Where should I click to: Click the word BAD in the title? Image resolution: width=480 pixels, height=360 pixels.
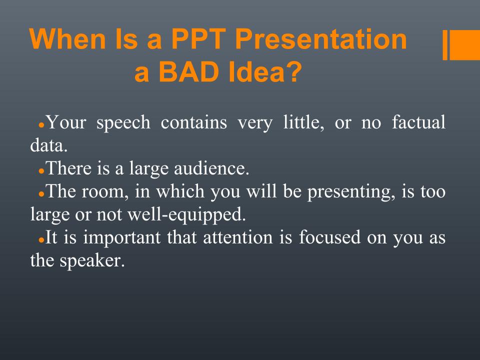[x=187, y=72]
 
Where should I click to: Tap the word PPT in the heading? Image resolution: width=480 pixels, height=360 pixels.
[x=198, y=39]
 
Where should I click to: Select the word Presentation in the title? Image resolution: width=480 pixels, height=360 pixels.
[x=321, y=39]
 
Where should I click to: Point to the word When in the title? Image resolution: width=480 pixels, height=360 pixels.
[x=68, y=39]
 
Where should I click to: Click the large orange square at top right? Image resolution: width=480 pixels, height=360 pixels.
[x=465, y=45]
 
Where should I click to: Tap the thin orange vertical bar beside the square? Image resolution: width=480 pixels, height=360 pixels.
[x=445, y=45]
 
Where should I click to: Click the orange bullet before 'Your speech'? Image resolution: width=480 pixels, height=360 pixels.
[x=42, y=125]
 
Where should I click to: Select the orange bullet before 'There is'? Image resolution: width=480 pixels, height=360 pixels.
[x=42, y=171]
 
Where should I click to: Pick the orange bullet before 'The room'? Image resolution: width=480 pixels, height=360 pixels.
[x=42, y=194]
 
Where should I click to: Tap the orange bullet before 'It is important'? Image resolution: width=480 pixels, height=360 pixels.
[x=42, y=240]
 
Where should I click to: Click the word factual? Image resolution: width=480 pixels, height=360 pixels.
[x=418, y=122]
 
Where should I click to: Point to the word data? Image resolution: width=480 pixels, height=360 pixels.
[x=48, y=145]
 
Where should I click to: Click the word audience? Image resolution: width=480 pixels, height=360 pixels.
[x=211, y=168]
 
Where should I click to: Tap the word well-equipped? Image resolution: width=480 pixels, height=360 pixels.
[x=186, y=215]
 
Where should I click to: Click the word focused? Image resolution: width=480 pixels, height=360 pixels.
[x=329, y=237]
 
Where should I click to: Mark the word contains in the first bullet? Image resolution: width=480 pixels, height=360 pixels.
[x=194, y=122]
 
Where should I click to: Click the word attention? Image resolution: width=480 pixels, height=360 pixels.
[x=238, y=237]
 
